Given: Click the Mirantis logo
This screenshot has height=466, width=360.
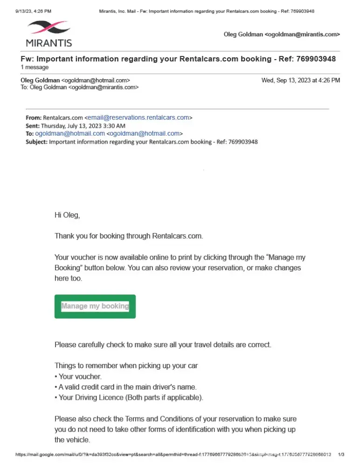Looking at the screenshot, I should pos(48,33).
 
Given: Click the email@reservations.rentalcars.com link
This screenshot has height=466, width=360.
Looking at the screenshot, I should pos(138,117).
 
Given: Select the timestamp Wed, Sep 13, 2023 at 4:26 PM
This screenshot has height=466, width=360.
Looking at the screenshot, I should pos(300,80).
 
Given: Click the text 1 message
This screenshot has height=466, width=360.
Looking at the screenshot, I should pos(35,67).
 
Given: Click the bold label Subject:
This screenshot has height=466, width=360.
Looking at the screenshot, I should pos(36,142).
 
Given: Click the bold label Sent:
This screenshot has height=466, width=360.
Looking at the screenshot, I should pos(33,126).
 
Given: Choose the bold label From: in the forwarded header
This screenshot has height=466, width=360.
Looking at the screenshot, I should pos(34,117).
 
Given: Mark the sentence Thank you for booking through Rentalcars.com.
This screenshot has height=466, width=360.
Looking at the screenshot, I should pos(129,236).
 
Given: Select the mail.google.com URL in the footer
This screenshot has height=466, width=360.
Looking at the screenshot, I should pos(173,454).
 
